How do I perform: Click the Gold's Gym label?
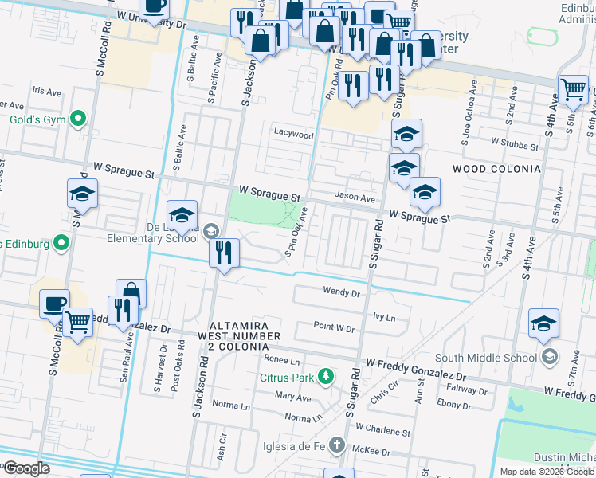click(x=36, y=120)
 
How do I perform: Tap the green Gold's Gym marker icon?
click(x=77, y=119)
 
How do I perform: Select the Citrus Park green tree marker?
click(x=324, y=375)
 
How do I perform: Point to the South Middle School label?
click(x=486, y=357)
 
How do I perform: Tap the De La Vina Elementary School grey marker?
click(x=210, y=232)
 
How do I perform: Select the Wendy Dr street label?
click(x=342, y=292)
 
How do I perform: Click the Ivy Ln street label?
click(x=384, y=317)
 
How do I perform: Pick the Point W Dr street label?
click(x=333, y=327)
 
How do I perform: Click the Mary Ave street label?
click(x=292, y=396)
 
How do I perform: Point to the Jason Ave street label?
click(x=355, y=198)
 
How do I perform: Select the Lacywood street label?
click(x=293, y=135)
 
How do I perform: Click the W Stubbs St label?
click(x=516, y=142)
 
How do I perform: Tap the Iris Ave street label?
click(x=46, y=92)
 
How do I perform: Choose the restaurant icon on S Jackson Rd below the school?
click(x=224, y=254)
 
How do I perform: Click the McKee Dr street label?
click(x=374, y=452)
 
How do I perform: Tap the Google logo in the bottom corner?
click(x=26, y=468)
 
